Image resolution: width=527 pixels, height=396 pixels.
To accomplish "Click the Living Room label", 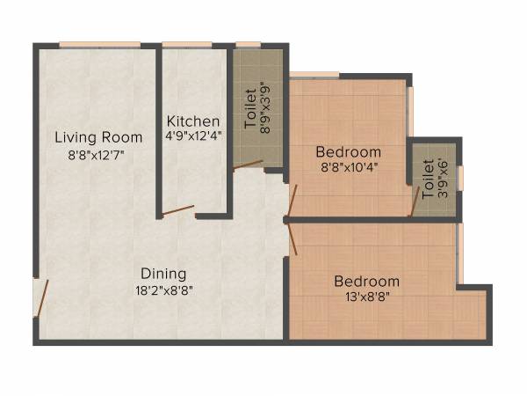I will [x=98, y=137].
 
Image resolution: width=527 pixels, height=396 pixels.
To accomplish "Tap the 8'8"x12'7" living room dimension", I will [x=98, y=155].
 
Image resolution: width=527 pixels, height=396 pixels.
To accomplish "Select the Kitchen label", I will [x=193, y=121].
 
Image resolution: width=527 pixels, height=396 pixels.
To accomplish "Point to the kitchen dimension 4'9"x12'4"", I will [x=193, y=136].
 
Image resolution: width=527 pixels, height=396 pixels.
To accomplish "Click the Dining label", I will [x=164, y=274].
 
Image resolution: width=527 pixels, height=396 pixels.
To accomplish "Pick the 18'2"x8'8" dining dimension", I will [x=164, y=290].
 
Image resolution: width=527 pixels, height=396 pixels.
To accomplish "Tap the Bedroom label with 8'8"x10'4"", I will [x=349, y=151].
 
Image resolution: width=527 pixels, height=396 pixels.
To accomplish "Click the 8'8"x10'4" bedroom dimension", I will [x=349, y=166].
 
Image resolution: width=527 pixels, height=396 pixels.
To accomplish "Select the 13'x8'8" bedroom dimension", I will [x=366, y=297].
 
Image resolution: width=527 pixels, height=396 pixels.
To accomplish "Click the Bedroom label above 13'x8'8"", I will [x=366, y=282].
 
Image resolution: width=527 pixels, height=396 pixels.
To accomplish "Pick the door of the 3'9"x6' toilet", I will [x=414, y=202].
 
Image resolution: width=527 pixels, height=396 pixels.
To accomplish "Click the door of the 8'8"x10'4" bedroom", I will [x=292, y=200].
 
